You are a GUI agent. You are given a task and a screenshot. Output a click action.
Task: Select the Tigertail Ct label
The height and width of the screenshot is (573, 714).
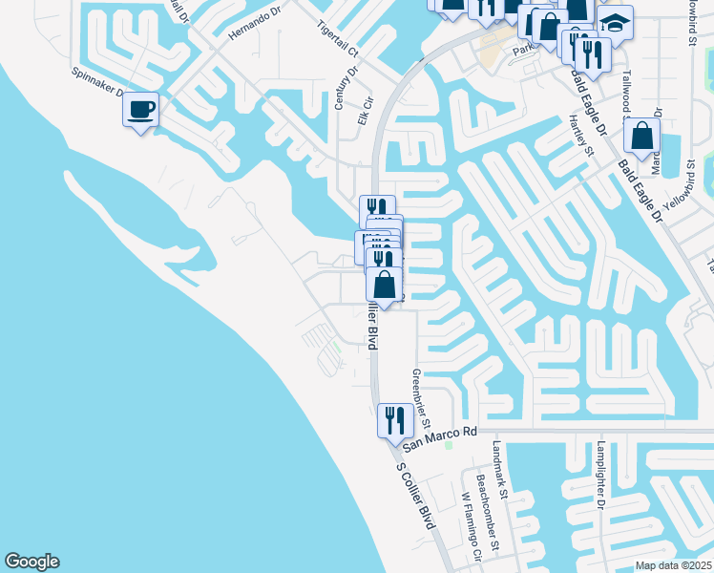click(x=337, y=37)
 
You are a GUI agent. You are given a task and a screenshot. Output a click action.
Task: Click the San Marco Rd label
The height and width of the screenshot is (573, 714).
click(x=438, y=439)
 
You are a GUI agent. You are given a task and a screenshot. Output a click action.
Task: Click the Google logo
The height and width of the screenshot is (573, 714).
click(x=31, y=562)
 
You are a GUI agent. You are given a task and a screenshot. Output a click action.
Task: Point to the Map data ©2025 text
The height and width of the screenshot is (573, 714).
click(x=674, y=565)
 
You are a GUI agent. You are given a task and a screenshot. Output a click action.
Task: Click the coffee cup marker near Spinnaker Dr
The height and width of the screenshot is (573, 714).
click(x=140, y=111)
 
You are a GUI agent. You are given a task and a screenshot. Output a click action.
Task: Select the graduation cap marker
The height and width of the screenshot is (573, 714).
click(x=616, y=23)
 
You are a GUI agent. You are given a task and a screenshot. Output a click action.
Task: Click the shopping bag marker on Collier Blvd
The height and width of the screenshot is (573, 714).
click(x=384, y=286)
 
